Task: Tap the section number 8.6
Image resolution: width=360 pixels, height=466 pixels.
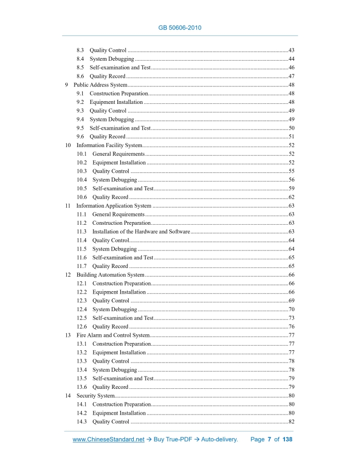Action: [80, 76]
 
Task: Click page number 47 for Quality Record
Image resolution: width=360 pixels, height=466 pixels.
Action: [291, 76]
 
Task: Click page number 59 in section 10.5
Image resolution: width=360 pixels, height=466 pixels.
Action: [291, 189]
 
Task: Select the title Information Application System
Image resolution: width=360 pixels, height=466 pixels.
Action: [114, 206]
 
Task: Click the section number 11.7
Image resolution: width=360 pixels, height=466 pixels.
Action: [81, 266]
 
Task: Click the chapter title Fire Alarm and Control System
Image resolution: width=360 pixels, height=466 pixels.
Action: [113, 335]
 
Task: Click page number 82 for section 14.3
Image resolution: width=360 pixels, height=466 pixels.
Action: [291, 422]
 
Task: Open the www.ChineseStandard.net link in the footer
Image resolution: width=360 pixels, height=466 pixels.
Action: [109, 440]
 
